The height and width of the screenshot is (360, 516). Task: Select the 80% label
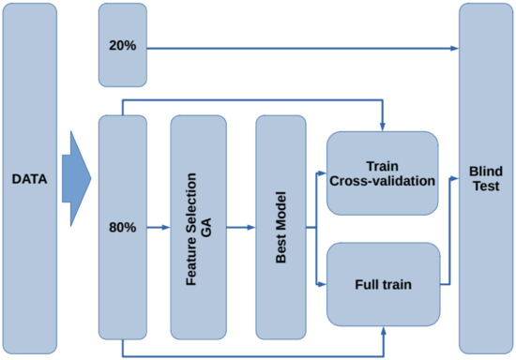pos(122,227)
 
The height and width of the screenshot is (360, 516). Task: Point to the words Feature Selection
pos(191,227)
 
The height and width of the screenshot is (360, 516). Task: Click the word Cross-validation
pos(382,180)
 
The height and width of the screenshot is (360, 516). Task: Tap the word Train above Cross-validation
pos(382,164)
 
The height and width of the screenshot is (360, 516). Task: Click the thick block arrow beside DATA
pos(79,177)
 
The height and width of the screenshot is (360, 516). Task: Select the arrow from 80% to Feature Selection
pos(159,227)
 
